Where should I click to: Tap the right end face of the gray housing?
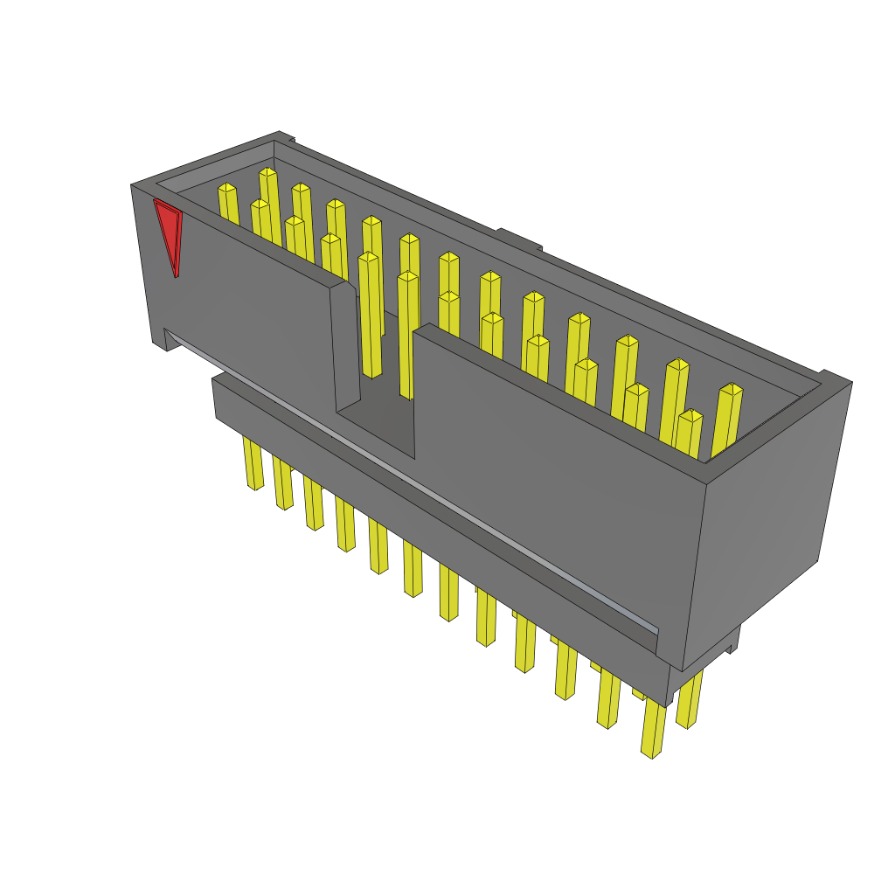[765, 524]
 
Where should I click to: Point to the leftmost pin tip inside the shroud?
[227, 188]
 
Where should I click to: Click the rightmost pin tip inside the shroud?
[732, 389]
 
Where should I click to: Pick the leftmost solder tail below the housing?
[253, 463]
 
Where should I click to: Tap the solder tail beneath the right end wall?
[689, 699]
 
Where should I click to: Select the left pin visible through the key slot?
[370, 315]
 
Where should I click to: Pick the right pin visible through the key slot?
[407, 332]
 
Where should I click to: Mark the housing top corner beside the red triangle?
[135, 186]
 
